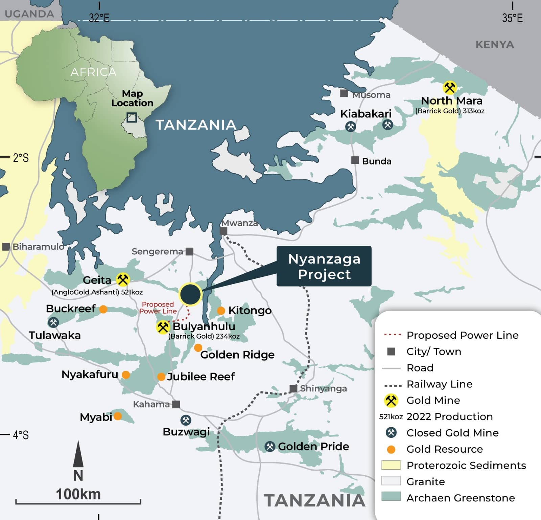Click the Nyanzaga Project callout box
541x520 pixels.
click(324, 266)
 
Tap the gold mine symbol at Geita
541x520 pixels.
click(123, 279)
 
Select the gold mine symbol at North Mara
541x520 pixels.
click(450, 88)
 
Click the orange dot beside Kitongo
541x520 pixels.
click(221, 311)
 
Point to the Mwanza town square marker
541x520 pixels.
click(224, 231)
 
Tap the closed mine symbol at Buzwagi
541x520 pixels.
click(186, 420)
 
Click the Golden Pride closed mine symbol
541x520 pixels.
click(270, 447)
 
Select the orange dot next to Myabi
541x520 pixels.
click(118, 416)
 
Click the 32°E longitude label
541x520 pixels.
click(99, 18)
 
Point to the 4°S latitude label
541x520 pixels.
click(21, 435)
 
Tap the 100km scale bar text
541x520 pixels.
click(78, 494)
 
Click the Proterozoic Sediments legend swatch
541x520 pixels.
click(391, 465)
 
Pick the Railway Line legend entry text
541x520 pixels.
click(439, 384)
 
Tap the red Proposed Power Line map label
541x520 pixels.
click(158, 308)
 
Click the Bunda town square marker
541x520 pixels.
click(355, 160)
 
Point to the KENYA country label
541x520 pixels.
click(494, 44)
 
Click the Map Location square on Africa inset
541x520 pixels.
click(132, 117)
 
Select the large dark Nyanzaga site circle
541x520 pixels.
click(190, 294)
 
